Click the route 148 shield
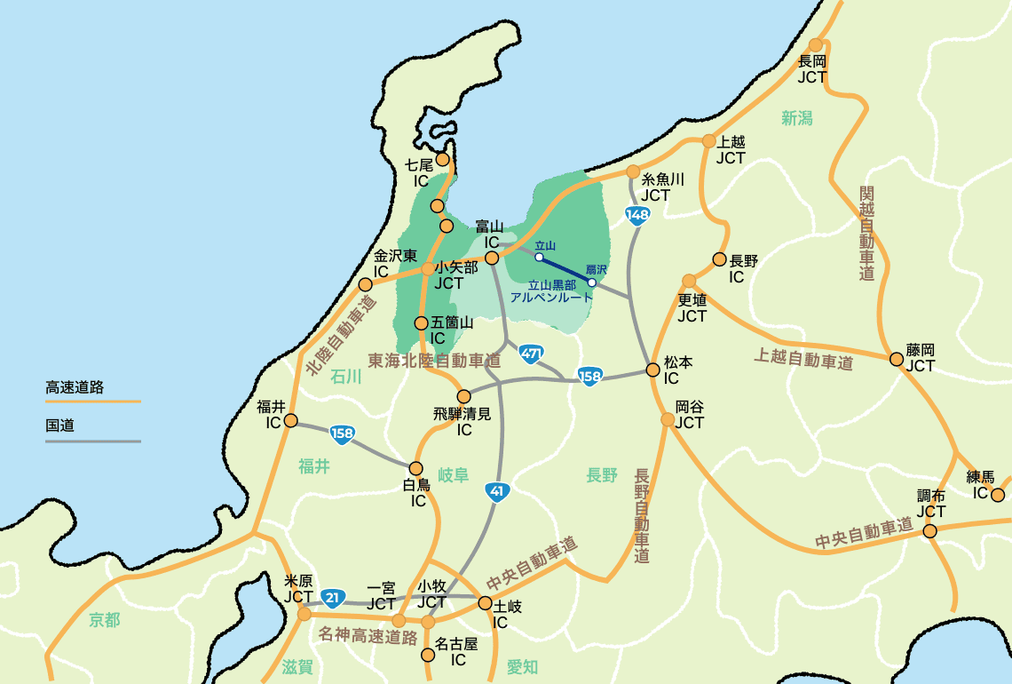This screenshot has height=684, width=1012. pos(637,215)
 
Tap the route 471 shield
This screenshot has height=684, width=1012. pos(532,354)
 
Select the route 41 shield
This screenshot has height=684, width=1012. pos(497,490)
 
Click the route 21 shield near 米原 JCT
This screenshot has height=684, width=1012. pos(332,598)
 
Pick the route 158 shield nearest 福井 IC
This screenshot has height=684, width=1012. pos(343,434)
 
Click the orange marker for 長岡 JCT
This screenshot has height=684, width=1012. pos(816,45)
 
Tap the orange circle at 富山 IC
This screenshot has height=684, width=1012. pos(491,258)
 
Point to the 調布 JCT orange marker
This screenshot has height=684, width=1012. pos(929,531)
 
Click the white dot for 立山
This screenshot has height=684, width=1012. pos(539,258)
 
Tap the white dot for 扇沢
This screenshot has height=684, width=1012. pos(592,282)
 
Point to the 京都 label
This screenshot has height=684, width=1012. pos(104,620)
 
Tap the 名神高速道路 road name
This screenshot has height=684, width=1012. pos(368,637)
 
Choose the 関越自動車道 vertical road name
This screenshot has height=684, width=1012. pos(867,234)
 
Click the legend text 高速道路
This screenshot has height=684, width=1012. pos(75,387)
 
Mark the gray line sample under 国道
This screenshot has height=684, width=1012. pos(92,441)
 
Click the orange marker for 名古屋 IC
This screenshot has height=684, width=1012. pos(428,655)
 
